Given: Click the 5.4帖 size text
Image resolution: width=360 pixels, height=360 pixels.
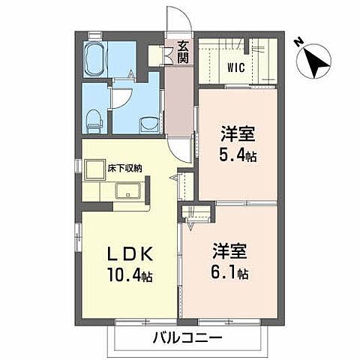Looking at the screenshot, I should [238, 158].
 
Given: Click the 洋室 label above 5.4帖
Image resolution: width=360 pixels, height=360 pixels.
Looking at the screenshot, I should [238, 136].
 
